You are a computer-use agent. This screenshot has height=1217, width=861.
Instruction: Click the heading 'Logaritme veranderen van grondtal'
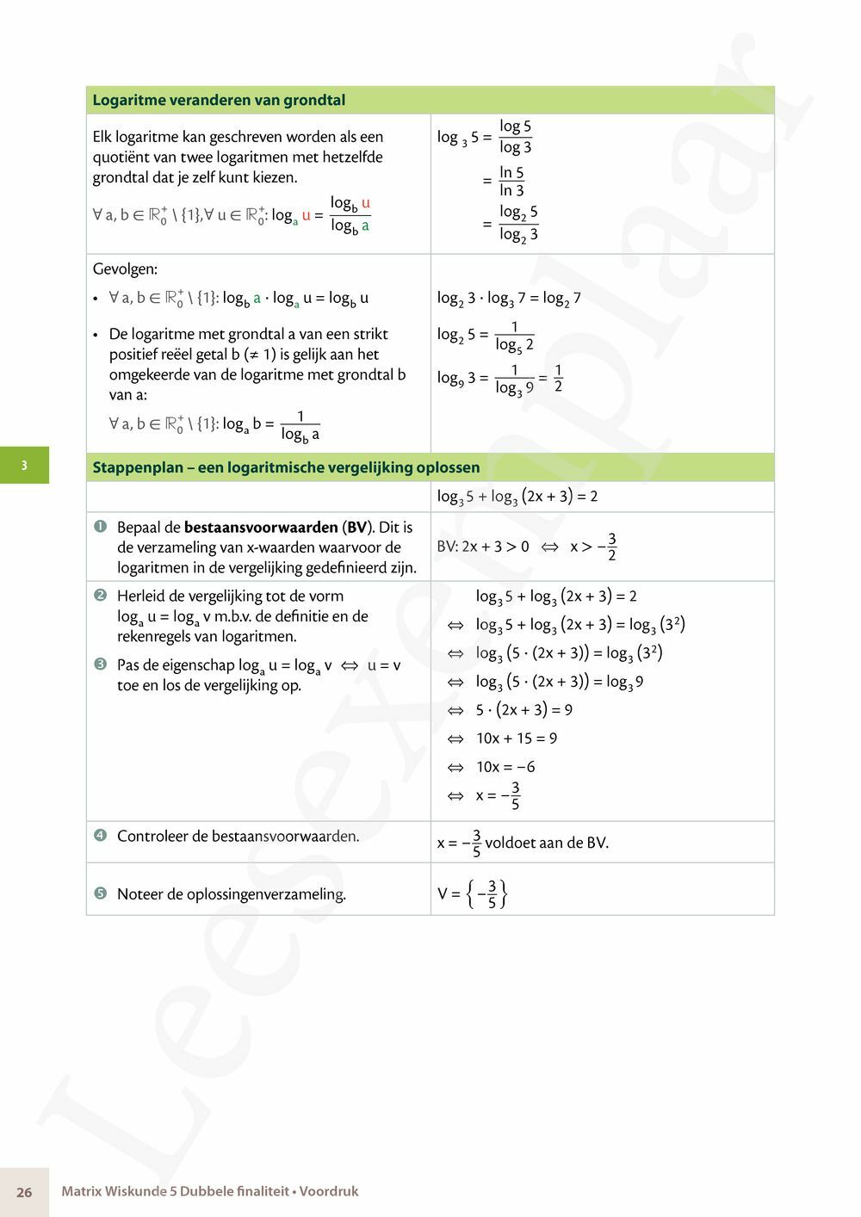[x=219, y=100]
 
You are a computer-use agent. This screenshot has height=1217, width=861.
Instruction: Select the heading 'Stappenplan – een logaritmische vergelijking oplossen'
[x=286, y=467]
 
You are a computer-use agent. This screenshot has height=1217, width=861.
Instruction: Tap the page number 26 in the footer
[x=24, y=1192]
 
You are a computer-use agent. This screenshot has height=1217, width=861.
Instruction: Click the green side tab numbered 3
[x=24, y=466]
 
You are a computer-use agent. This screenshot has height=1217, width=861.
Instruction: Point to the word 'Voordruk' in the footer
[x=329, y=1191]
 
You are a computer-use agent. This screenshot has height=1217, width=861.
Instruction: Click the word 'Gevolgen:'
[x=125, y=269]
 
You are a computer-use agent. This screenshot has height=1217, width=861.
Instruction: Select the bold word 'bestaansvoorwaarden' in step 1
[x=261, y=527]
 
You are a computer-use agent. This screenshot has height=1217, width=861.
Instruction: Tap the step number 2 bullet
[x=100, y=596]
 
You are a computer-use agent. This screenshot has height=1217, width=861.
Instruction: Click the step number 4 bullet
[x=100, y=835]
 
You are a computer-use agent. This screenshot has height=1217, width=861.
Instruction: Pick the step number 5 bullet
[x=100, y=893]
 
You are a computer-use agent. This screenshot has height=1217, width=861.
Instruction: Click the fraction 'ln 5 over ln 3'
[x=511, y=182]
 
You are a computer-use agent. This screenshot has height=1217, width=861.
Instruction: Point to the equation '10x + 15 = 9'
[x=516, y=738]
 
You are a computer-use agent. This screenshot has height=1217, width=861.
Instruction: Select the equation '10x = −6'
[x=505, y=767]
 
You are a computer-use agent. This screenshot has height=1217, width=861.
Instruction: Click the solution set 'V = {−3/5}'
[x=472, y=893]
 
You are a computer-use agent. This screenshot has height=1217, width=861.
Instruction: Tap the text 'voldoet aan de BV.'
[x=547, y=843]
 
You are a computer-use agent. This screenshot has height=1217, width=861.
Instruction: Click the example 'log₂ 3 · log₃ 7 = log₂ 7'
[x=509, y=299]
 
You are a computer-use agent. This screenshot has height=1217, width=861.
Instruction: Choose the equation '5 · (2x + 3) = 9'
[x=523, y=710]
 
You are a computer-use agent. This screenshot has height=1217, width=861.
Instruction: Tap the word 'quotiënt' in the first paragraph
[x=121, y=157]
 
